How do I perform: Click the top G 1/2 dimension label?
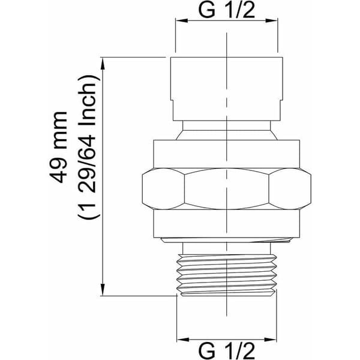(x=227, y=11)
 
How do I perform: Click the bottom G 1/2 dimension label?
(x=227, y=351)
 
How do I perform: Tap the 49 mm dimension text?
(x=58, y=147)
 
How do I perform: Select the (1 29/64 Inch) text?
(x=89, y=147)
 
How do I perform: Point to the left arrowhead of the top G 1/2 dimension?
(x=182, y=20)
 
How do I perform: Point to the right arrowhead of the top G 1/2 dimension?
(x=272, y=20)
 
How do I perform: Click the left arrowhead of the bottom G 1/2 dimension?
(x=183, y=340)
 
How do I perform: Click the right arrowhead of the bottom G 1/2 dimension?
(x=270, y=340)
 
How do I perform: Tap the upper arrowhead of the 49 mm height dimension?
(x=103, y=64)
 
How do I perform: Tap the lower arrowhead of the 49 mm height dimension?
(x=103, y=290)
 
